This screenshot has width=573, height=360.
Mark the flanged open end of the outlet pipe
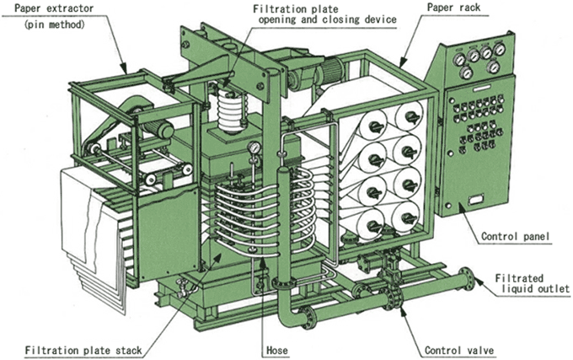465,279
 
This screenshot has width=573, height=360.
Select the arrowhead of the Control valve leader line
396,305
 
